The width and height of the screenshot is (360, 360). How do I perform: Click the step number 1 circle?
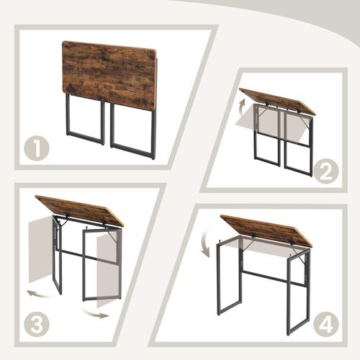point(37,149)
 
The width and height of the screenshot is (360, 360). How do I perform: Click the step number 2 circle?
point(326,171)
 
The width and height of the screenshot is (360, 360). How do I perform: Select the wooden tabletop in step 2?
point(277,102)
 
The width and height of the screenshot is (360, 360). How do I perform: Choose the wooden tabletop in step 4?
point(266,229)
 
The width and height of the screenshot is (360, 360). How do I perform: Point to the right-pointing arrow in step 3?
point(99,312)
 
